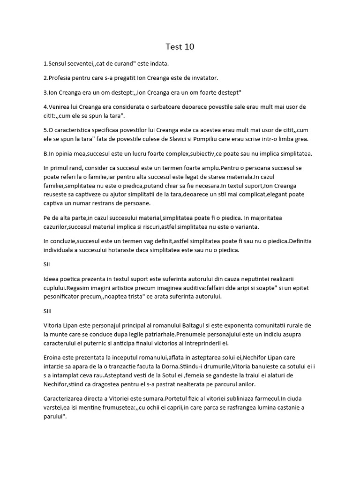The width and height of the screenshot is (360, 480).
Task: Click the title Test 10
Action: pyautogui.click(x=180, y=47)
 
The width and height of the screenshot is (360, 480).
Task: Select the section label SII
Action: pyautogui.click(x=47, y=264)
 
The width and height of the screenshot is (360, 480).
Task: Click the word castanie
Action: pyautogui.click(x=284, y=407)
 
